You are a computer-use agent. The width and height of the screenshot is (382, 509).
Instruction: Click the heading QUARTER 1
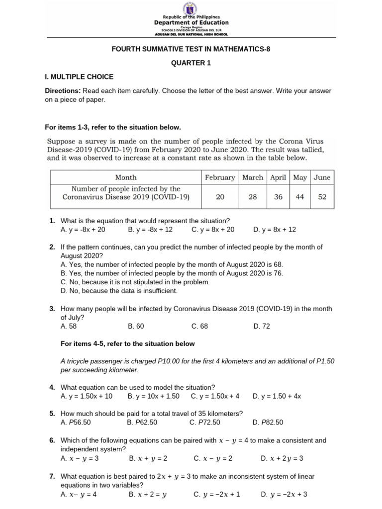click(x=191, y=63)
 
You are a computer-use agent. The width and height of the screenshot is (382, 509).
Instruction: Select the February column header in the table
click(x=220, y=177)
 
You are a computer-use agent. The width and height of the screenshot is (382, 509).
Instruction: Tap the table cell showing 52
click(x=322, y=197)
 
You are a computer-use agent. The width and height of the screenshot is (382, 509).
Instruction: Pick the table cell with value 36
click(x=278, y=197)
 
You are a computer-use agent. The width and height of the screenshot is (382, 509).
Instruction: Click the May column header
click(x=300, y=177)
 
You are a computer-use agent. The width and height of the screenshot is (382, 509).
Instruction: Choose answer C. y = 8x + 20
click(x=212, y=230)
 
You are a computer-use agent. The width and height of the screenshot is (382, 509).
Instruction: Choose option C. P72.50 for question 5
click(x=204, y=423)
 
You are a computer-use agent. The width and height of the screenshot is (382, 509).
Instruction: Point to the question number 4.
click(x=52, y=387)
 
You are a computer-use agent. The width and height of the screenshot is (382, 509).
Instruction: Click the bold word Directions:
click(x=63, y=91)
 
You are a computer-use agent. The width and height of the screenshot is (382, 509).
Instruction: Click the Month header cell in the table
click(x=126, y=177)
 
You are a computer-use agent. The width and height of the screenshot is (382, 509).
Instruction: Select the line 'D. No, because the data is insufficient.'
click(x=119, y=291)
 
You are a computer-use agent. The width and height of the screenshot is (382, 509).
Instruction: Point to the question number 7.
click(x=52, y=476)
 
